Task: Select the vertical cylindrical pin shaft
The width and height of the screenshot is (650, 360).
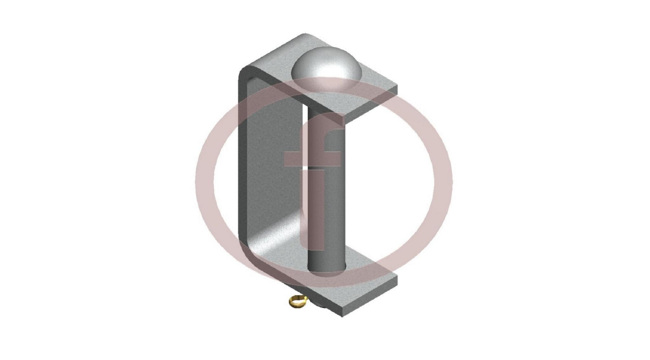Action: point(326,187)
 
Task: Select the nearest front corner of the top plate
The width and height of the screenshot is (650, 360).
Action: point(343,115)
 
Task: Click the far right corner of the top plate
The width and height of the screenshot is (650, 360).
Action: point(397,85)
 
